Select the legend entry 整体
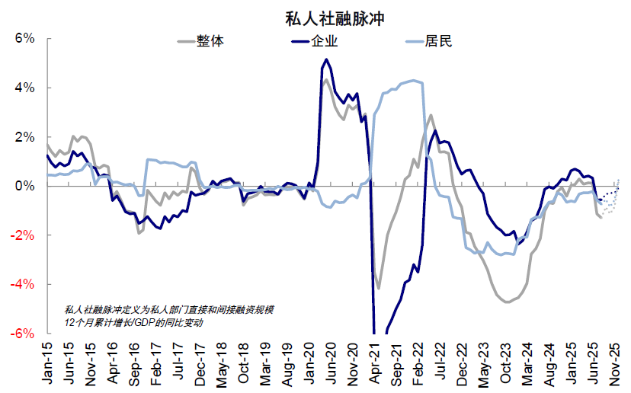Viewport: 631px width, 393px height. pos(210,41)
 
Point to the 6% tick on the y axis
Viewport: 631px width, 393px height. pos(24,39)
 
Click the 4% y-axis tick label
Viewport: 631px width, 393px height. pos(24,88)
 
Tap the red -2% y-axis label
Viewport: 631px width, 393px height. pos(23,235)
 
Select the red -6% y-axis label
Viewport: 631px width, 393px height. pos(23,333)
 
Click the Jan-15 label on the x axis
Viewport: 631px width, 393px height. pos(46,364)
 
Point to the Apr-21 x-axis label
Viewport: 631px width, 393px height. pos(373,364)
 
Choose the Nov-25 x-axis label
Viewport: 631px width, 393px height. pos(616,364)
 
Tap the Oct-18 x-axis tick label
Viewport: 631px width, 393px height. pos(242,364)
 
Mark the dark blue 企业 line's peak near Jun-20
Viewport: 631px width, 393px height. pos(326,59)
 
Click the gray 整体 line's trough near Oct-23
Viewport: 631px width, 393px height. pos(506,302)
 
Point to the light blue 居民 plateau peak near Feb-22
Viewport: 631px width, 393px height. pos(413,80)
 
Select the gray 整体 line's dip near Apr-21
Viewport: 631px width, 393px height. pos(379,289)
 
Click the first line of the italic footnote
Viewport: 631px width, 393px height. pos(168,309)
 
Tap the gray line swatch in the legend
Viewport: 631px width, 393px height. pos(185,41)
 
